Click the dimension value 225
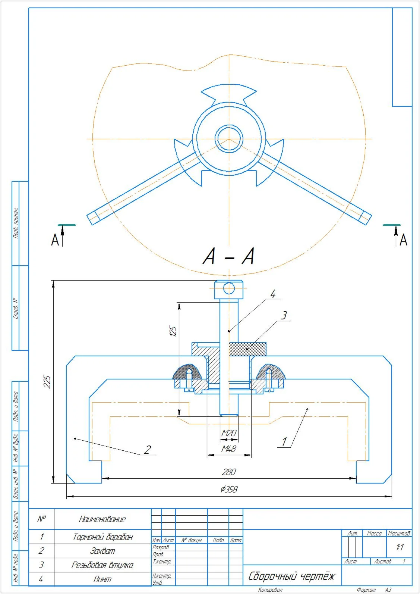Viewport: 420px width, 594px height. pyautogui.click(x=47, y=382)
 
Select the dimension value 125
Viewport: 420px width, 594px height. pyautogui.click(x=173, y=331)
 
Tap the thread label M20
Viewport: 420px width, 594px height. pyautogui.click(x=229, y=433)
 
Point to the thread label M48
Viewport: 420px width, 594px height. pyautogui.click(x=229, y=449)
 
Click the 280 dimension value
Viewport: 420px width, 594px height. pyautogui.click(x=229, y=472)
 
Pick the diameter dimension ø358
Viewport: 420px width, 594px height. pyautogui.click(x=229, y=489)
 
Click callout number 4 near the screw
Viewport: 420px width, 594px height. pyautogui.click(x=273, y=294)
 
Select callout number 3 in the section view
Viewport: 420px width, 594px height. pyautogui.click(x=284, y=316)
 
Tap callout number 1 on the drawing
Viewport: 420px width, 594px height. pyautogui.click(x=284, y=442)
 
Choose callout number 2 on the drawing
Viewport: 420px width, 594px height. pyautogui.click(x=147, y=450)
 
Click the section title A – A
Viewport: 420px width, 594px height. pyautogui.click(x=229, y=257)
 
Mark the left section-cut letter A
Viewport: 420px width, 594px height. pyautogui.click(x=55, y=240)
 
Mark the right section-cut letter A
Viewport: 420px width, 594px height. pyautogui.click(x=403, y=240)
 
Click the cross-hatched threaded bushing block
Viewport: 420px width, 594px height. pyautogui.click(x=247, y=349)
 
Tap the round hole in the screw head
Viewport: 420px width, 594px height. pyautogui.click(x=229, y=288)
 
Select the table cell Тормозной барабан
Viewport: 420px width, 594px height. pyautogui.click(x=102, y=537)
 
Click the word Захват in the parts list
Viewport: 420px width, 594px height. pyautogui.click(x=102, y=551)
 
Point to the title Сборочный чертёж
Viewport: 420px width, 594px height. pyautogui.click(x=291, y=576)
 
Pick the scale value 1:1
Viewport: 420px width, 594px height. pyautogui.click(x=400, y=547)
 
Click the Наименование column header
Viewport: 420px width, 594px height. pyautogui.click(x=102, y=519)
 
